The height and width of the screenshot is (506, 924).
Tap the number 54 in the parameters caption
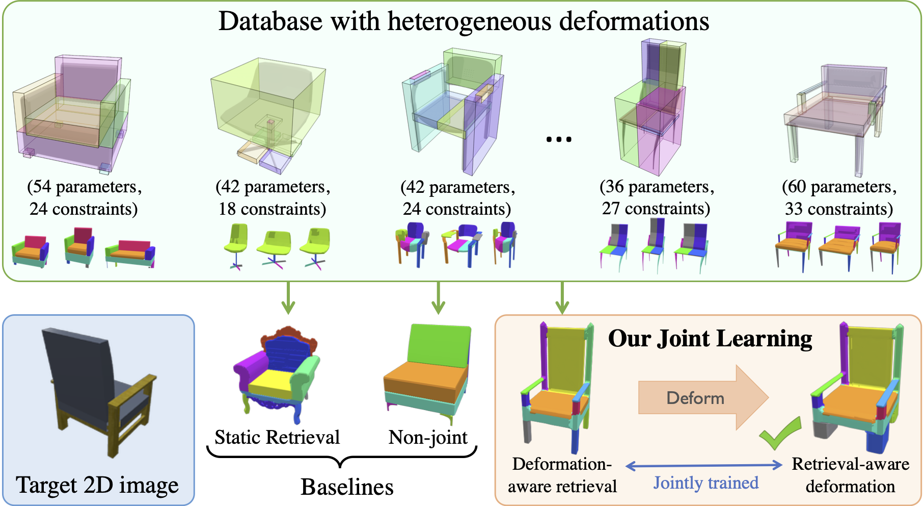point(42,187)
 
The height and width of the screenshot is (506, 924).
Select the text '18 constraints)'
point(272,209)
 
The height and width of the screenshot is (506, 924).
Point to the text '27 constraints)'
point(656,209)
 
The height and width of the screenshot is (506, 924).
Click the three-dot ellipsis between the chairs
point(559,139)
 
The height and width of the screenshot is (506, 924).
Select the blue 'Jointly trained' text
point(705,483)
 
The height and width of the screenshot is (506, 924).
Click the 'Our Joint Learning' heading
point(710,339)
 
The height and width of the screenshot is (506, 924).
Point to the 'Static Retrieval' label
point(277,438)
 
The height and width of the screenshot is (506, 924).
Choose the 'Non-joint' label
point(428,438)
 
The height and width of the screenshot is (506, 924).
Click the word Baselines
point(347,487)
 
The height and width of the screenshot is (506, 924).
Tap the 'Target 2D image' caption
point(97,485)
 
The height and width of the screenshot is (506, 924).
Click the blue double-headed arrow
point(703,465)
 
